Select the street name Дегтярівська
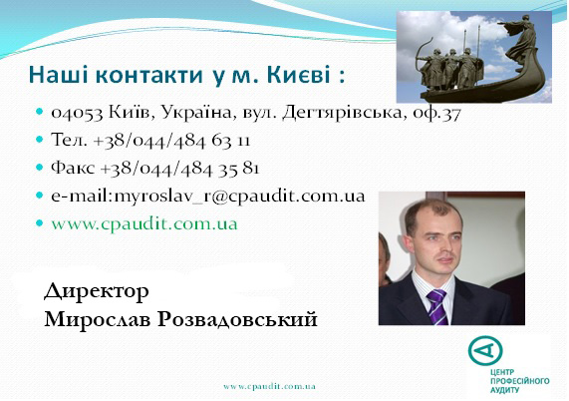click(342, 113)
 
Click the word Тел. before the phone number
click(69, 140)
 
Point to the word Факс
click(73, 168)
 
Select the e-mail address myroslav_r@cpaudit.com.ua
click(239, 197)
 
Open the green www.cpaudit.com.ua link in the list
click(144, 224)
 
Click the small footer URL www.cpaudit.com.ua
click(269, 386)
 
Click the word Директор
click(97, 291)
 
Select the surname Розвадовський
click(237, 319)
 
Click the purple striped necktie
click(436, 306)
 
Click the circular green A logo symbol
click(485, 350)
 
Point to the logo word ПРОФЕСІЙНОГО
click(519, 381)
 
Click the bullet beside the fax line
click(40, 168)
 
